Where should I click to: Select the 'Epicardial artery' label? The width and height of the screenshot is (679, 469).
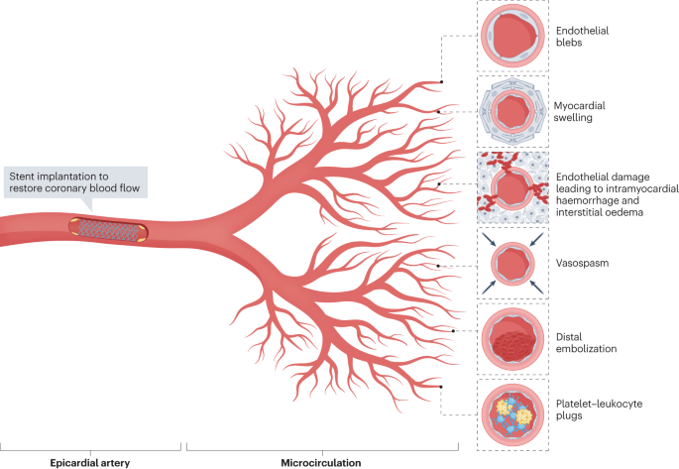90,461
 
